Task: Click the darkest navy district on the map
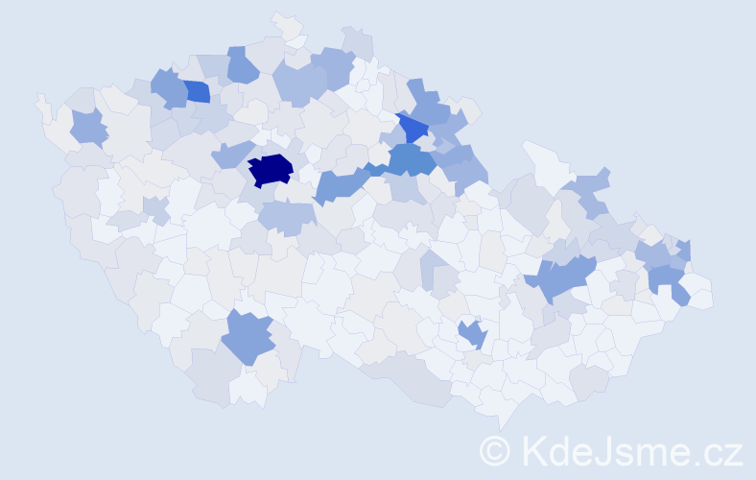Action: (270, 170)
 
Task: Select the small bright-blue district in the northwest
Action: (197, 91)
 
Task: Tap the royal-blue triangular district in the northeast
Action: (413, 128)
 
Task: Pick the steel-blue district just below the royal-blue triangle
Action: (411, 158)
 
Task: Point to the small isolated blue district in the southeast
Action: (472, 333)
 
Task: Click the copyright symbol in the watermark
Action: (494, 449)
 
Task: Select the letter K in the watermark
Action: (535, 449)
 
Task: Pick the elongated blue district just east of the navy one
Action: (341, 183)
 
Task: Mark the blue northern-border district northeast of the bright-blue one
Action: (243, 64)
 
